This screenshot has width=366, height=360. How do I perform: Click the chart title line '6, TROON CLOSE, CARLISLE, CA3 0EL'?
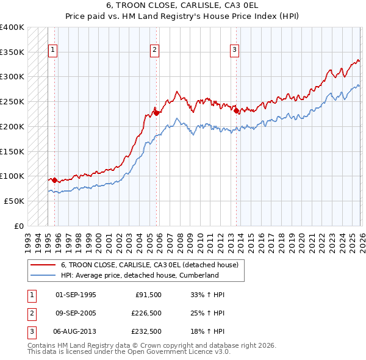[x=183, y=7]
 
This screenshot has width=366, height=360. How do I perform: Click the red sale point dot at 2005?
[x=156, y=112]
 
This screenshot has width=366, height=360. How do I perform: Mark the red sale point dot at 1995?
[x=54, y=180]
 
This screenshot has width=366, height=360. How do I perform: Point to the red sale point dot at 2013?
[x=236, y=110]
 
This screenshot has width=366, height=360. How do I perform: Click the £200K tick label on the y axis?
[x=13, y=126]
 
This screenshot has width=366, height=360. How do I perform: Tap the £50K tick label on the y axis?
[x=15, y=201]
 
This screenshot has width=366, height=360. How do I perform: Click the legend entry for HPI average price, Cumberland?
[x=140, y=275]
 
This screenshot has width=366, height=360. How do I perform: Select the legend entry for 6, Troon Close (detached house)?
[x=152, y=265]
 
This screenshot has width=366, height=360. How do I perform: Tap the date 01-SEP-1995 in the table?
[x=76, y=295]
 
